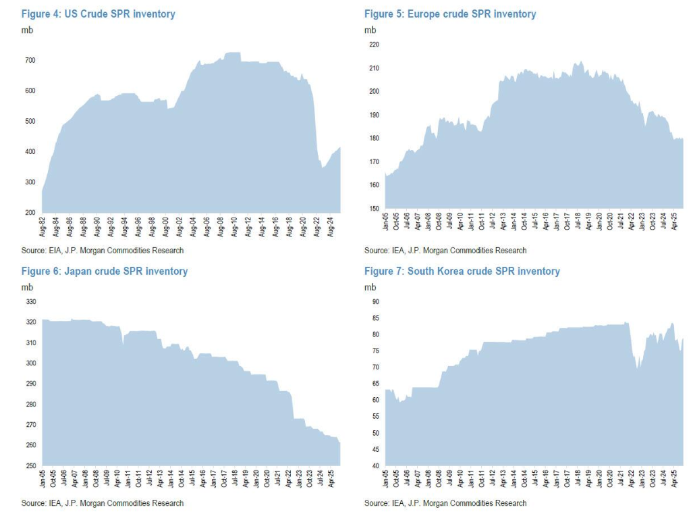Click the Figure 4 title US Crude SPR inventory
(x=98, y=14)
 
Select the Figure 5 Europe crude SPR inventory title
(x=450, y=14)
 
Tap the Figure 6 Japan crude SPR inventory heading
(x=104, y=271)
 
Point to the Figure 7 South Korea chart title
(x=462, y=271)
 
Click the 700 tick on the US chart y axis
(x=30, y=61)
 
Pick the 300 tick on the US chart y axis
(x=30, y=182)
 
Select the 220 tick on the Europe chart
(x=373, y=45)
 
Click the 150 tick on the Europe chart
(x=373, y=209)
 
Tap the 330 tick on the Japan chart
(x=30, y=302)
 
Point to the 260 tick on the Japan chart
(x=30, y=445)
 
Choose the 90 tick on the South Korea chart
(x=375, y=302)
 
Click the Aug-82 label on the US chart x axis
(x=43, y=226)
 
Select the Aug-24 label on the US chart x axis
(x=329, y=226)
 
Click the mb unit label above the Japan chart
(x=27, y=287)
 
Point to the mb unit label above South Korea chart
(x=370, y=287)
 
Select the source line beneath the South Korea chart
(x=445, y=503)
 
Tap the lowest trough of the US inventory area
(x=323, y=168)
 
